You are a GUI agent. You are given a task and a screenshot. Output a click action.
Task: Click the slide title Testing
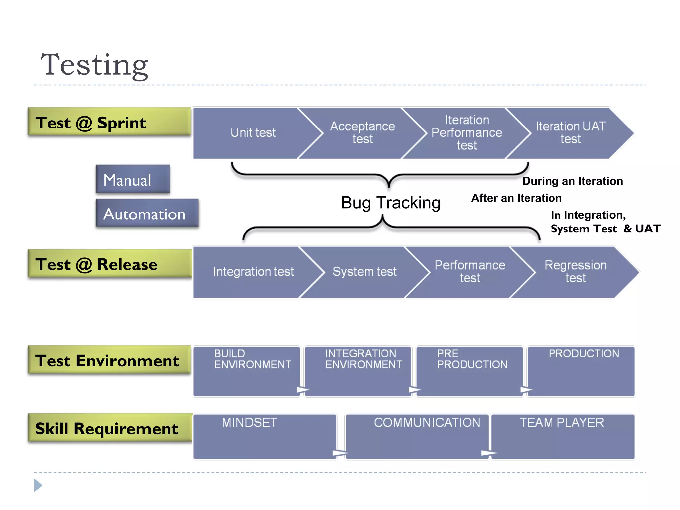click(x=94, y=65)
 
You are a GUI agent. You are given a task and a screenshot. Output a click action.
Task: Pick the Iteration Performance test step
click(x=467, y=133)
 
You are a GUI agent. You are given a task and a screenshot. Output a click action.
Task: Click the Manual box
click(x=133, y=180)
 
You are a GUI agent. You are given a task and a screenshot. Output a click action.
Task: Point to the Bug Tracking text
click(x=390, y=203)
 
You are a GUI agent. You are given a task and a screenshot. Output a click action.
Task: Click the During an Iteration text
click(x=572, y=181)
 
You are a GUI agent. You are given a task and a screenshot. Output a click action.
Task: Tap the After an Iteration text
click(x=516, y=198)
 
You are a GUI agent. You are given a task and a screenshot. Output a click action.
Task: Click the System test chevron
click(x=365, y=272)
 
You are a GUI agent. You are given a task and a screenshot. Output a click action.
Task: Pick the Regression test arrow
click(x=575, y=272)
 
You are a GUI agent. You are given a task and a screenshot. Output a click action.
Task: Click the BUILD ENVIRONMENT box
click(x=247, y=371)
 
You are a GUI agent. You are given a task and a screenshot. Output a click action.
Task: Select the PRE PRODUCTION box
click(x=469, y=371)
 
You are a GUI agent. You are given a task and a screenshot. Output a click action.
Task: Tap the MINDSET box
click(x=264, y=436)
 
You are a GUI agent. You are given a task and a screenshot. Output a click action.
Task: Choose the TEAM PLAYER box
click(x=562, y=436)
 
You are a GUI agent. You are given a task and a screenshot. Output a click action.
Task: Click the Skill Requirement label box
click(x=110, y=428)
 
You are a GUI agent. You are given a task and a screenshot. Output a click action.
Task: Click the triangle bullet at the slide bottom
click(x=38, y=485)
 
